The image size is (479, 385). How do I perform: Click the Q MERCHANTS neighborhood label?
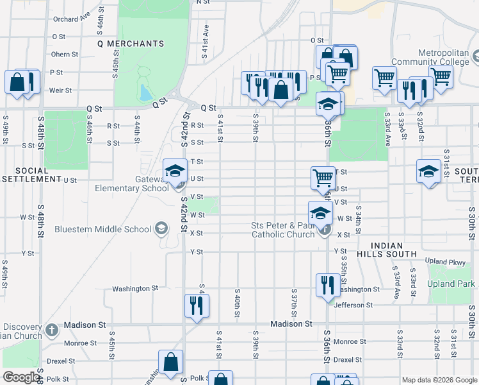pos(131,44)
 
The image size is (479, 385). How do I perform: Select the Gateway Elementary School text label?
pos(132,184)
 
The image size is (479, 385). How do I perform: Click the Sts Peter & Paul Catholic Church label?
pos(283,230)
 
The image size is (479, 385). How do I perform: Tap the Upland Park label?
pos(451,284)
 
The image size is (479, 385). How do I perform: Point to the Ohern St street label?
pos(65,55)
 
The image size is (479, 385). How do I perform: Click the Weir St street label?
pos(60,90)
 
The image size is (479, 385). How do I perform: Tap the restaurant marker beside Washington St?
pos(328,284)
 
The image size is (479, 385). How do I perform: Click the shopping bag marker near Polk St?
pos(171,361)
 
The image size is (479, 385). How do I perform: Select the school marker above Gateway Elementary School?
pos(175,171)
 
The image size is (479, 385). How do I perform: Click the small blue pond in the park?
pos(145,94)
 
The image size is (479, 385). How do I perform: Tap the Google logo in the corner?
pos(20,377)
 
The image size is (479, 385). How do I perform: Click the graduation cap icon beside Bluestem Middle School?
pos(161,229)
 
